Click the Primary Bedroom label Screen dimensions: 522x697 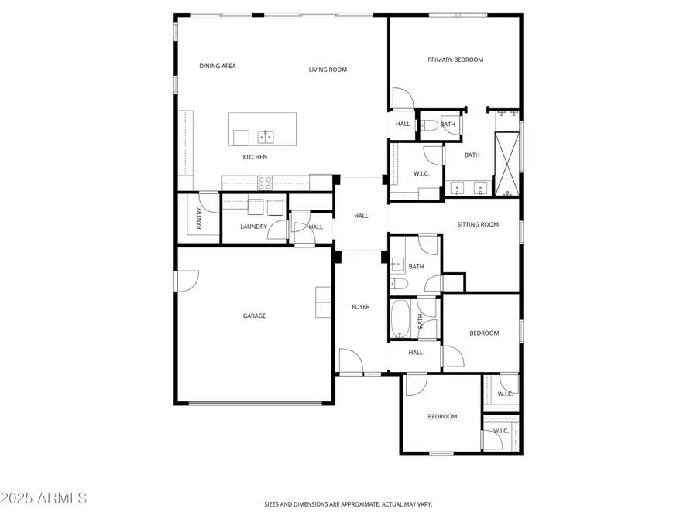tap(455, 60)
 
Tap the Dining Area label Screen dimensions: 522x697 tap(218, 67)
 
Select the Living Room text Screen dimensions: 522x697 tap(328, 70)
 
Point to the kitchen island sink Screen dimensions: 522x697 tap(266, 138)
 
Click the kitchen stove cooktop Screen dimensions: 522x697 tap(265, 183)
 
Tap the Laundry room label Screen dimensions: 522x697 tap(253, 227)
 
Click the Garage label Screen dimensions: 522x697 tap(254, 316)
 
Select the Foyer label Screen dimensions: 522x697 tap(361, 307)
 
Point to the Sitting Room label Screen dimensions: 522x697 tap(478, 225)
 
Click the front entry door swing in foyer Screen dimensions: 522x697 tap(350, 362)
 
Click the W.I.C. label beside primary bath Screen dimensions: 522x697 tap(421, 173)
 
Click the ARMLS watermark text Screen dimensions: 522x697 tap(44, 497)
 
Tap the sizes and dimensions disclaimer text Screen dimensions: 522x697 tap(348, 505)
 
